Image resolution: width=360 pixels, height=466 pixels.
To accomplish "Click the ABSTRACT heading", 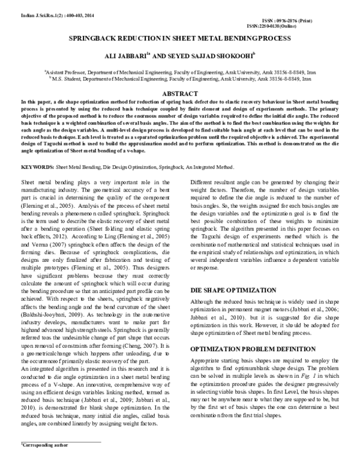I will pyautogui.click(x=181, y=94).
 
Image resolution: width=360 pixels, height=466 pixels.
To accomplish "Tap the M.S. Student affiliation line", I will pyautogui.click(x=181, y=78).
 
